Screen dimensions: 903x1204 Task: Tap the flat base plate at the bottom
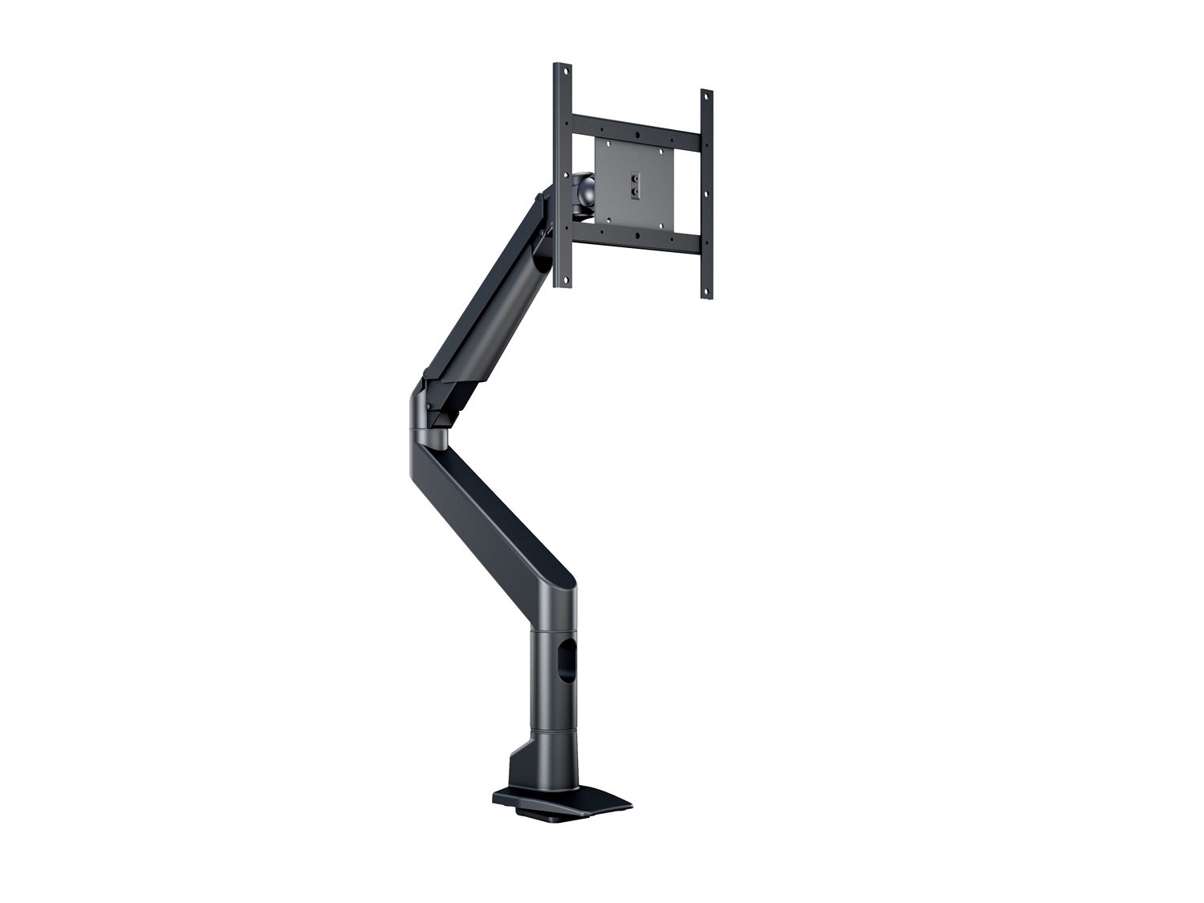[562, 802]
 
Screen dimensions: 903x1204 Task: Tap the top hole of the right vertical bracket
[706, 97]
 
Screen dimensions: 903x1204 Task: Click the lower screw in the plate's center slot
[634, 192]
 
